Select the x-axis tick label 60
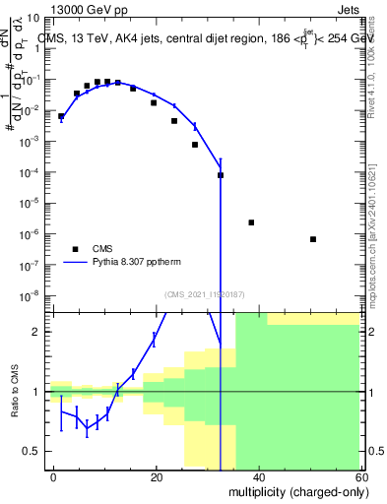(x=362, y=476)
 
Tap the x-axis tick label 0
(x=53, y=476)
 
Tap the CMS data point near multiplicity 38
(x=251, y=222)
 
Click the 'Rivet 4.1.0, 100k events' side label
(x=378, y=59)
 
